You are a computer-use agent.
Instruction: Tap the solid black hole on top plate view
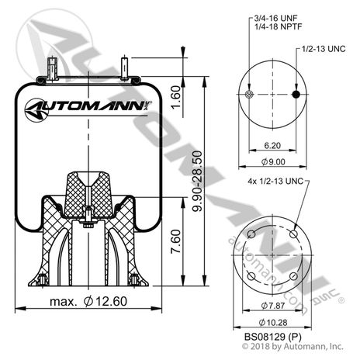[295, 94]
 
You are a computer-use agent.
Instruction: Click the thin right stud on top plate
[124, 67]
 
